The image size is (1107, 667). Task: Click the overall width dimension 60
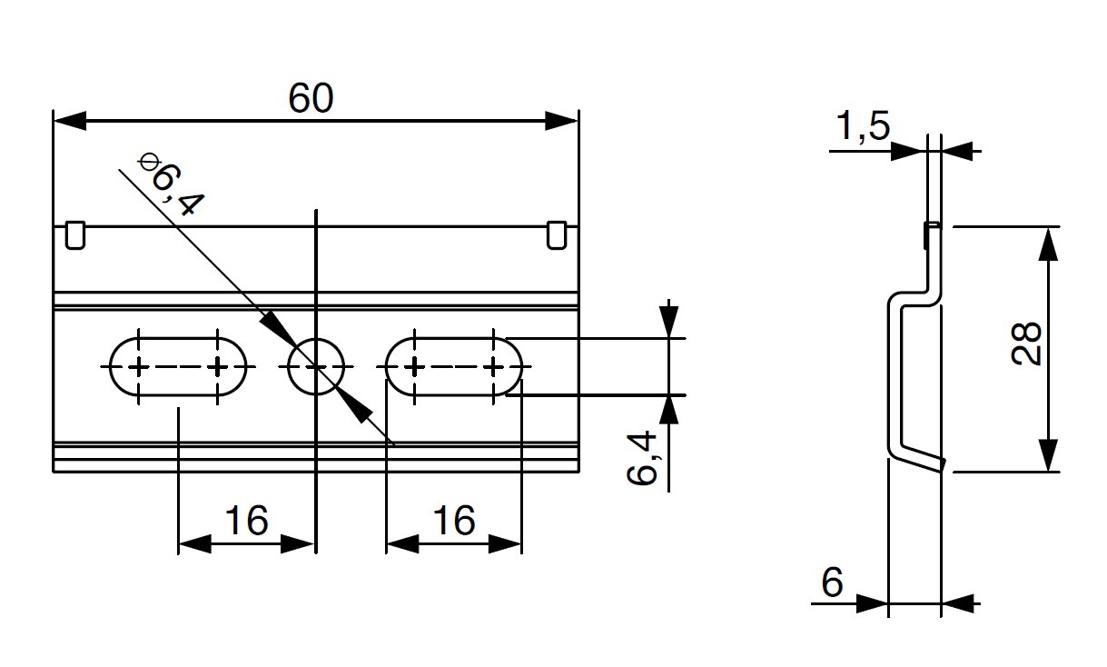(x=311, y=99)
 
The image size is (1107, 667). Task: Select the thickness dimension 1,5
(x=862, y=128)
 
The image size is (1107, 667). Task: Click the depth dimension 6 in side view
(x=834, y=582)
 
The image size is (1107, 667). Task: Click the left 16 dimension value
(x=246, y=522)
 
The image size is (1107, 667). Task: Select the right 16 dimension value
(x=453, y=522)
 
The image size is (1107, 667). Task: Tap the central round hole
(x=315, y=367)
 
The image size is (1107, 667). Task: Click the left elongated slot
(x=178, y=367)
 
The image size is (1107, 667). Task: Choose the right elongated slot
(x=454, y=367)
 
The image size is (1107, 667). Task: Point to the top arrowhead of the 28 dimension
(x=1048, y=243)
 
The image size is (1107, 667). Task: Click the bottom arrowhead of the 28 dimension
(x=1048, y=455)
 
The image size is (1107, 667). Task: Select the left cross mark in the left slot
(x=138, y=367)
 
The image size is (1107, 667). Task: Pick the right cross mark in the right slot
(x=494, y=367)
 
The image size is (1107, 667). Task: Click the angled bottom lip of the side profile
(x=919, y=459)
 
